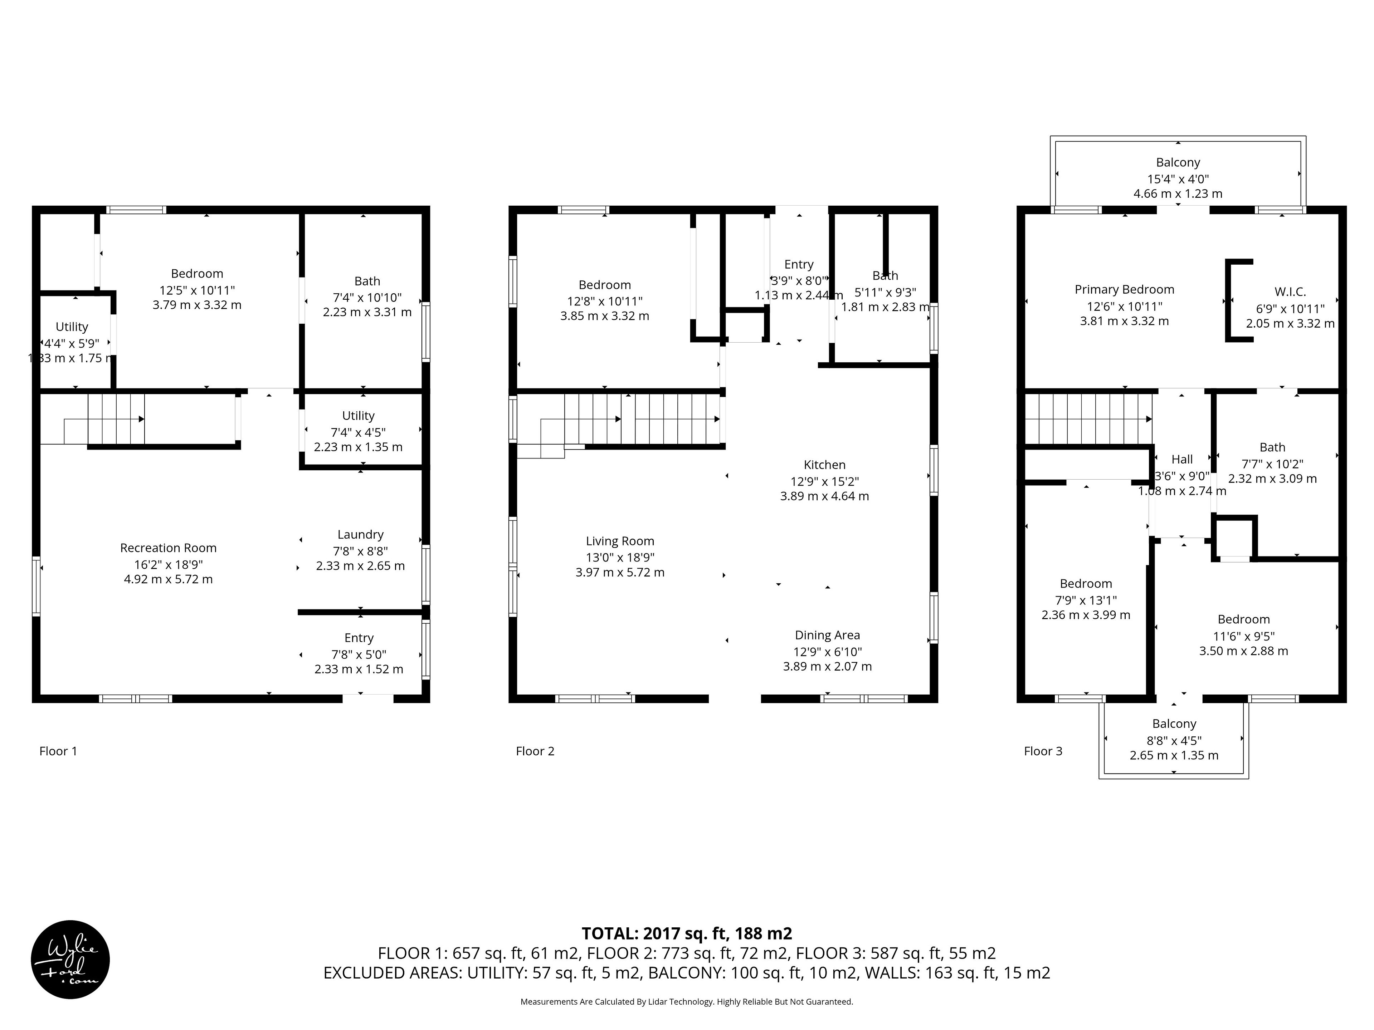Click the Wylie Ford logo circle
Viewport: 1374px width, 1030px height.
coord(70,959)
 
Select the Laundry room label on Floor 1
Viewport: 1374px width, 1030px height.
coord(360,535)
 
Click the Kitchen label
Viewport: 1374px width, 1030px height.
coord(824,465)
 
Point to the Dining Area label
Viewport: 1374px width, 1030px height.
coord(827,635)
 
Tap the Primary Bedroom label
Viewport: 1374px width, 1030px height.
coord(1124,289)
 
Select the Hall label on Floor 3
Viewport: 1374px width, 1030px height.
coord(1182,460)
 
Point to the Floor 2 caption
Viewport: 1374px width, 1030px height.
coord(535,751)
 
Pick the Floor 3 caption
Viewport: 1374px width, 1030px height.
coord(1043,751)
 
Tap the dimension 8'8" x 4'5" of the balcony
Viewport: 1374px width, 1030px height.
coord(1174,741)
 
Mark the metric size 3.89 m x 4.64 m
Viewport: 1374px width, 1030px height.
coord(824,496)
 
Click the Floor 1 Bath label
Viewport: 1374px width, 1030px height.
coord(367,281)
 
